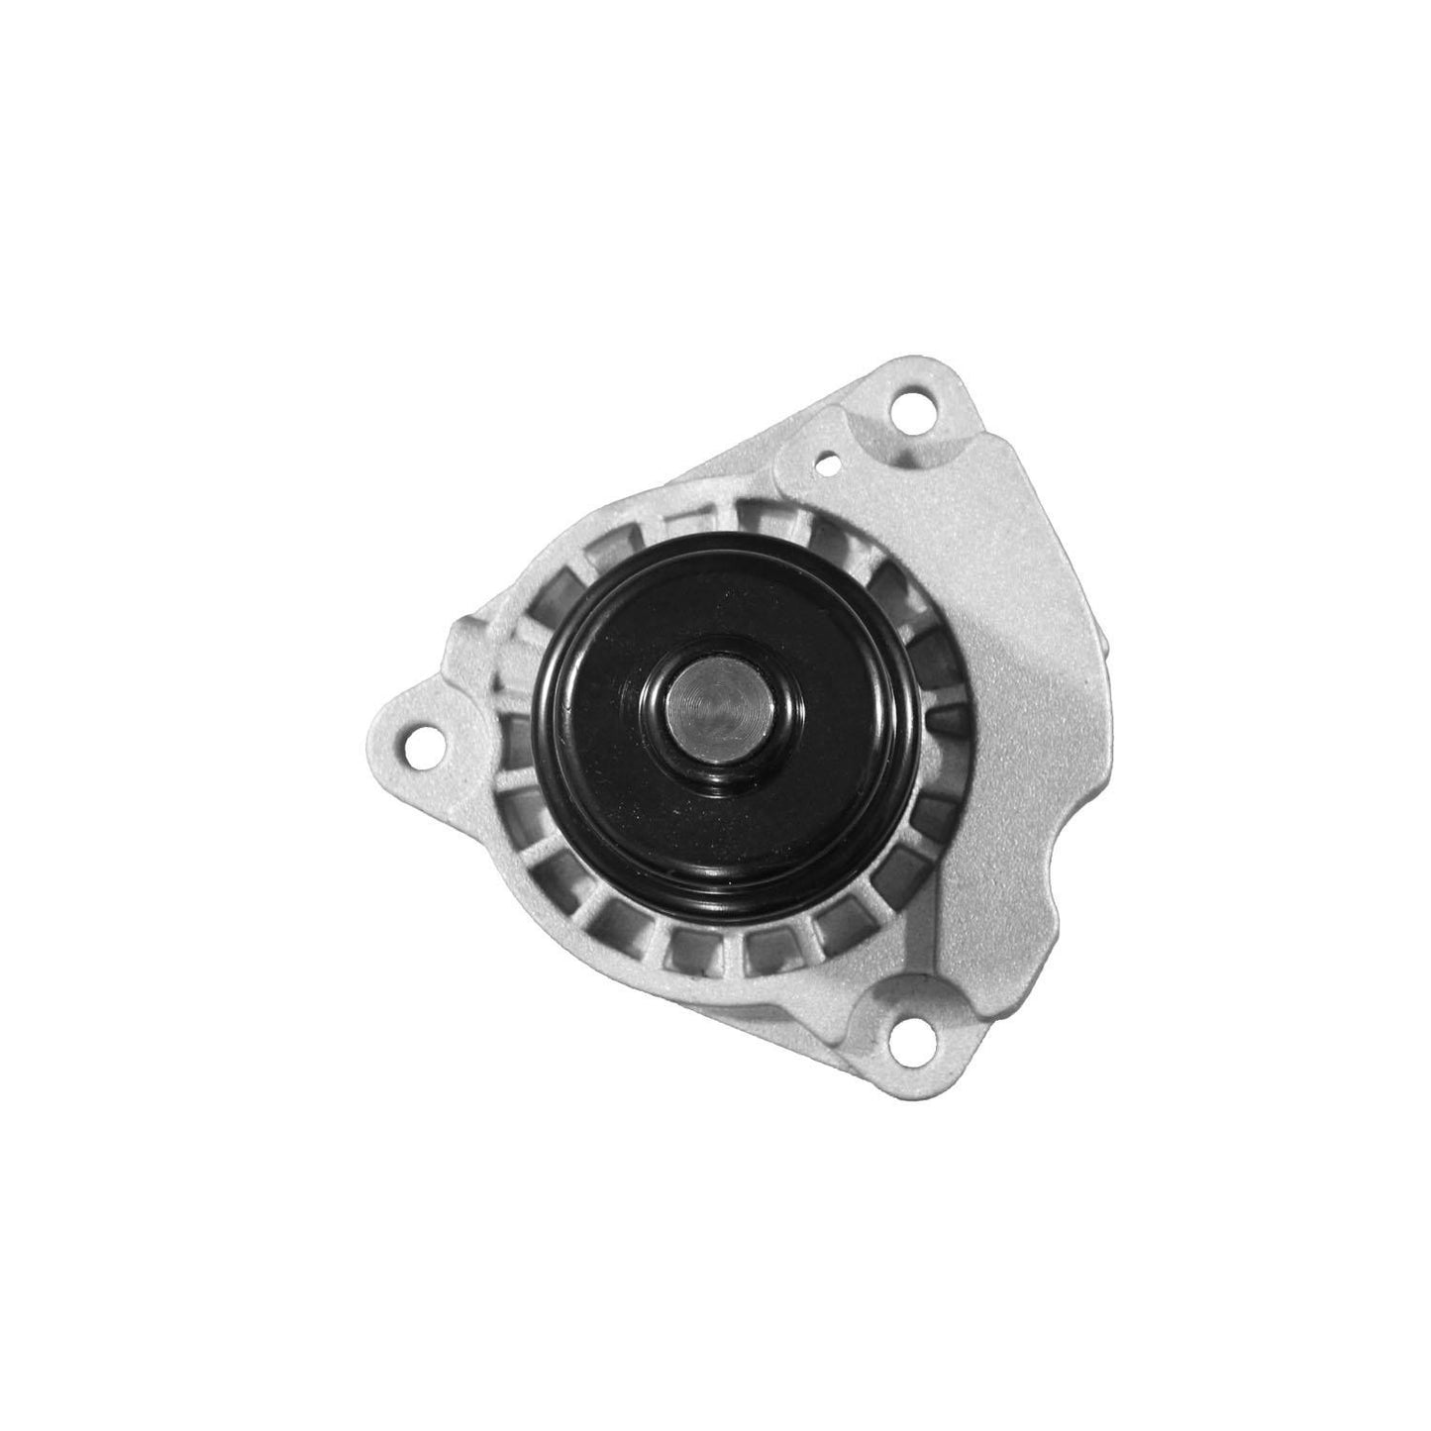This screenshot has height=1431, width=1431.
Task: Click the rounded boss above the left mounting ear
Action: pyautogui.click(x=470, y=644)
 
